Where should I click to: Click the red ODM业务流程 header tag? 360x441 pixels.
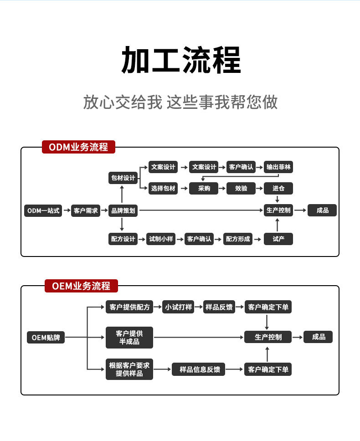coord(78,147)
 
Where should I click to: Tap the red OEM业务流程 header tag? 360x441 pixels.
coord(81,286)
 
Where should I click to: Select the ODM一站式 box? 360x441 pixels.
coord(43,210)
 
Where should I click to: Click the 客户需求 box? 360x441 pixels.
coord(86,210)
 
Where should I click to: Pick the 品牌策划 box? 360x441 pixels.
coord(123,210)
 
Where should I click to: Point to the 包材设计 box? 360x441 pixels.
coord(123,178)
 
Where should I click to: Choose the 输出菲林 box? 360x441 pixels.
coord(278,167)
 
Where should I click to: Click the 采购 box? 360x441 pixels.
coord(204,188)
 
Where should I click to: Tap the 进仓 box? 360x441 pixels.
coord(278,188)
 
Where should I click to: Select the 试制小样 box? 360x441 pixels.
coord(160,239)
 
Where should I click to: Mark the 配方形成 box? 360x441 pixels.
coord(238,239)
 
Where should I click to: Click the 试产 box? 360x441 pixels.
coord(278,239)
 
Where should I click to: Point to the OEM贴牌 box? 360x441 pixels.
coord(46,337)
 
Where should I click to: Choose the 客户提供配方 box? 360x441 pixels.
coord(129,307)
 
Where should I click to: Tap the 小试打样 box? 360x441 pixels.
coord(178,307)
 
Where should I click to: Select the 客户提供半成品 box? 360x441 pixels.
coord(129,338)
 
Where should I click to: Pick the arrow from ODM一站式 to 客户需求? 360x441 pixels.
coord(67,210)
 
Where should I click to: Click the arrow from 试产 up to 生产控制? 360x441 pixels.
coord(278,225)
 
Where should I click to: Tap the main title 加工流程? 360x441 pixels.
coord(180,60)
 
